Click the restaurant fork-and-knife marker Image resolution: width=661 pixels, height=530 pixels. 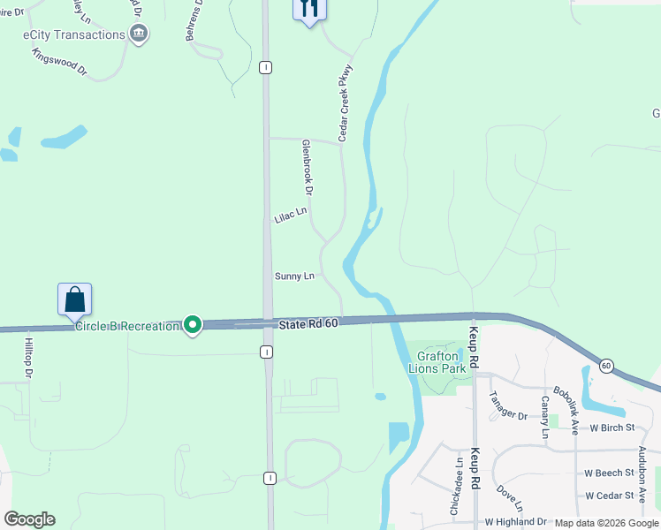click(x=309, y=9)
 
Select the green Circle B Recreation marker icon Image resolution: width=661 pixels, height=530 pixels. click(x=192, y=326)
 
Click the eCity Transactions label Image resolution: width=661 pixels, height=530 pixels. click(x=74, y=34)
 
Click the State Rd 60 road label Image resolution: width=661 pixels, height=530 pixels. click(x=308, y=325)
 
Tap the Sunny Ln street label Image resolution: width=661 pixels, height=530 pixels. click(x=294, y=276)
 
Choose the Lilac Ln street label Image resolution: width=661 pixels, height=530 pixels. click(x=290, y=215)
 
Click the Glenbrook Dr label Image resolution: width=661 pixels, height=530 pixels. click(x=308, y=167)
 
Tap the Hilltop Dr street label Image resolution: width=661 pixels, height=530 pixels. click(x=28, y=358)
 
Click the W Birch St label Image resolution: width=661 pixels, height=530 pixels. click(x=612, y=428)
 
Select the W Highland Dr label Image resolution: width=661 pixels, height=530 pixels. click(x=515, y=522)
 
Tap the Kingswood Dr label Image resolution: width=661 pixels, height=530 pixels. click(x=59, y=60)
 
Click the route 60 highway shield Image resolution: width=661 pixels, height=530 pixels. click(x=606, y=365)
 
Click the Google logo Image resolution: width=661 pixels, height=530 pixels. click(x=29, y=519)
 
